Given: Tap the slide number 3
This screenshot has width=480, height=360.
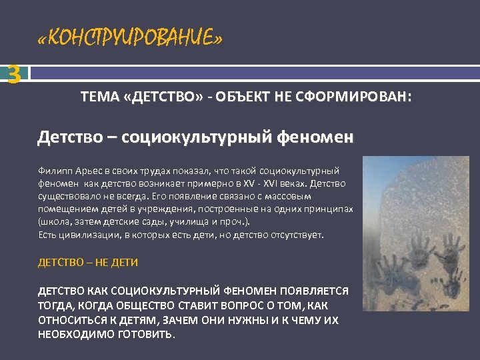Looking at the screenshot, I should (x=13, y=74).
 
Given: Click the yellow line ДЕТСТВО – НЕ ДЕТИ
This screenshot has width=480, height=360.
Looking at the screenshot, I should (x=88, y=262).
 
